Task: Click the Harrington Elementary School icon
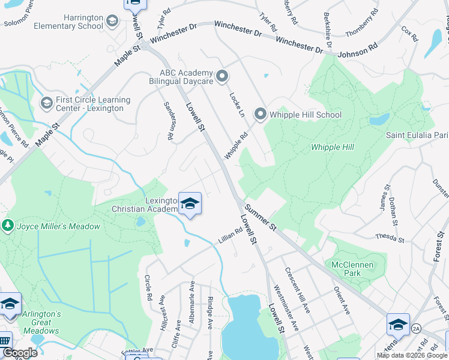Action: point(112,22)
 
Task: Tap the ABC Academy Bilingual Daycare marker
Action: point(222,76)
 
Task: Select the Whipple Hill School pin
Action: point(260,113)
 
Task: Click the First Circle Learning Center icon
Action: point(46,103)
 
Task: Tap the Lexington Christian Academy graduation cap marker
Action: point(190,205)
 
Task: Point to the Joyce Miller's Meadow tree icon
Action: point(7,226)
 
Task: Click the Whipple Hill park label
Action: point(332,147)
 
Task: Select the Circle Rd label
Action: point(148,288)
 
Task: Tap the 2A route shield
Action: point(416,328)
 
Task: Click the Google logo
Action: point(19,353)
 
